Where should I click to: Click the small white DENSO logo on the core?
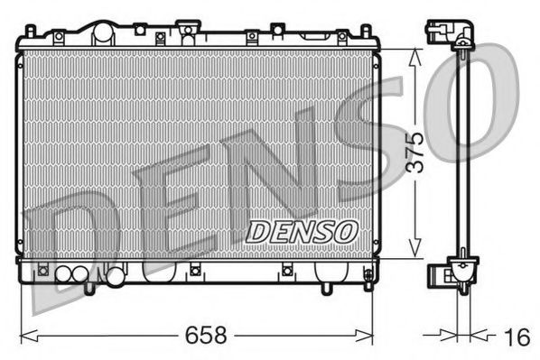(x=302, y=231)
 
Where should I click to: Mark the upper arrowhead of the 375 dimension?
(x=414, y=54)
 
